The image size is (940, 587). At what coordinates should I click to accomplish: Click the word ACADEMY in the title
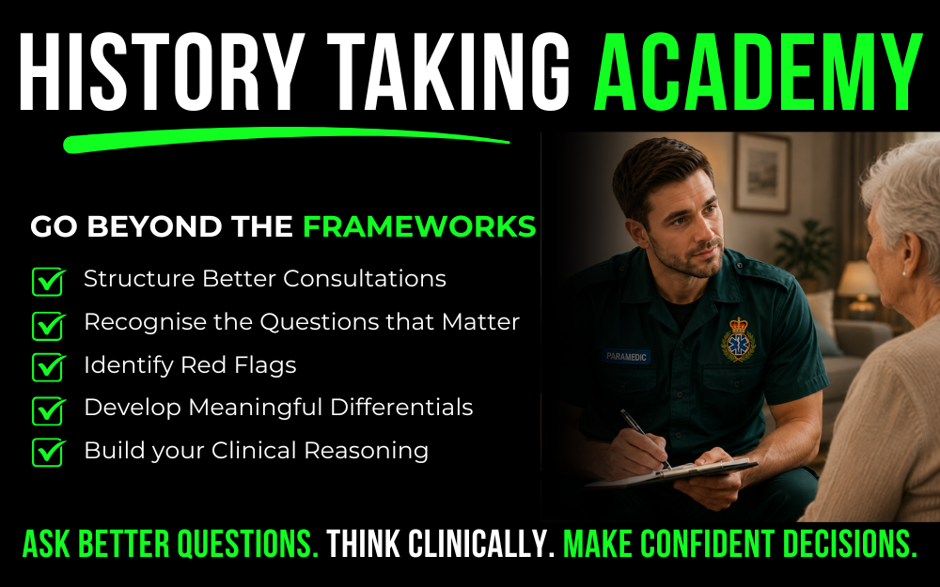(x=758, y=72)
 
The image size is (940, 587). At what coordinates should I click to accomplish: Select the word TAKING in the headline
(x=448, y=72)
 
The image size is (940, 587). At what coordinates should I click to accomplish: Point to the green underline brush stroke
(x=286, y=139)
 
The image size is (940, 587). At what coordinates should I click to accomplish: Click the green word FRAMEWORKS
(x=419, y=226)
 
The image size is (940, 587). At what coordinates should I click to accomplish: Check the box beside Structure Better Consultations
(x=49, y=281)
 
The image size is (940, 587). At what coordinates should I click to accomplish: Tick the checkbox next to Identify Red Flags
(x=49, y=366)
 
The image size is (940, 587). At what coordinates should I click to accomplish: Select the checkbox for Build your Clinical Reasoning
(x=49, y=453)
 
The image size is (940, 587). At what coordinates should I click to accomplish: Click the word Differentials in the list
(x=401, y=408)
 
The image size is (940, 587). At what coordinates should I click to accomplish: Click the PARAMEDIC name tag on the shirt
(x=626, y=356)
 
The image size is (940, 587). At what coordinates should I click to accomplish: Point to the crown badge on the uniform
(x=738, y=340)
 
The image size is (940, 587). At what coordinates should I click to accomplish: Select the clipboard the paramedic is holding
(x=670, y=473)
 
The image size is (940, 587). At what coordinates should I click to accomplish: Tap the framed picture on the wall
(x=761, y=173)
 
